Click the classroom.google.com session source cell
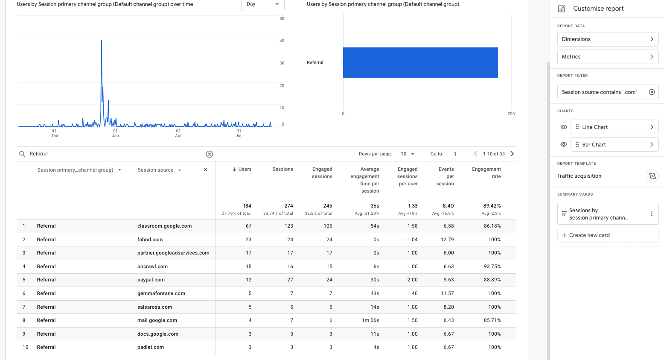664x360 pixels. pos(164,226)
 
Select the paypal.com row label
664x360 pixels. pos(151,280)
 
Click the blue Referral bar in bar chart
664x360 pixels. pos(420,62)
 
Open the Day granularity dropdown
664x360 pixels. pos(262,4)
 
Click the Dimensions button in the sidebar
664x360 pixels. pos(607,39)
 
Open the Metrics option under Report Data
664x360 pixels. pos(607,57)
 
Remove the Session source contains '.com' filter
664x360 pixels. pos(652,92)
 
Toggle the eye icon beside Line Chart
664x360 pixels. pos(563,127)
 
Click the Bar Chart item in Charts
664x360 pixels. pos(614,145)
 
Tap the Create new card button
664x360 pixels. pos(607,235)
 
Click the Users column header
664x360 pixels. pos(242,170)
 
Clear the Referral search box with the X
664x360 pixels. pos(210,154)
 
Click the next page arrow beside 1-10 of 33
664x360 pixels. pos(512,154)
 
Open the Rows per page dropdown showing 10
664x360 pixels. pos(408,154)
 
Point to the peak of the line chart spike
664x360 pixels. pos(101,40)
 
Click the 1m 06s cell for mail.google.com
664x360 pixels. pos(370,320)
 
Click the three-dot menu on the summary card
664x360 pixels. pos(651,214)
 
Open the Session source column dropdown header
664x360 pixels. pos(159,170)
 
